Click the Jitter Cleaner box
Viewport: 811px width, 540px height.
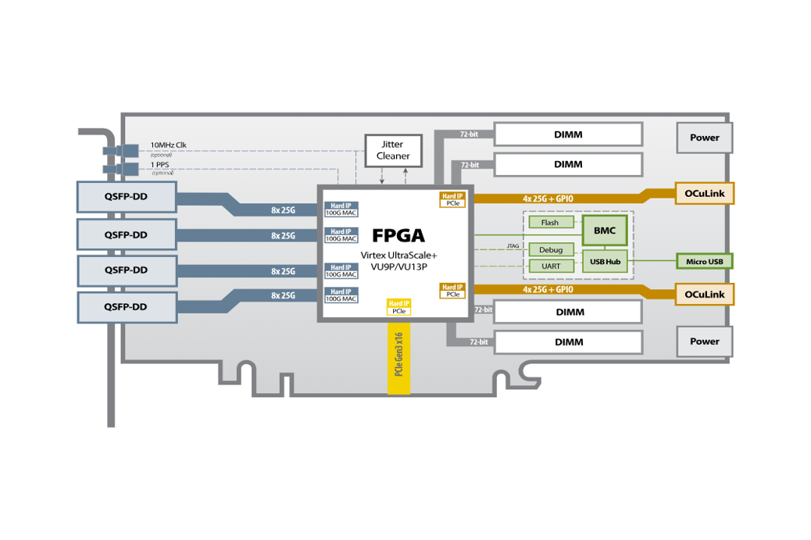click(393, 150)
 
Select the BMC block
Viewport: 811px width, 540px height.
click(605, 231)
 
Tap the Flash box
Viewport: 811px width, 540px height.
click(550, 223)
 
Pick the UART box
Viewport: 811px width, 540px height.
click(550, 266)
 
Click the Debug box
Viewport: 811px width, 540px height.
click(550, 250)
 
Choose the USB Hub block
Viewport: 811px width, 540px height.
click(605, 261)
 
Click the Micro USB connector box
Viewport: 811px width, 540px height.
click(704, 261)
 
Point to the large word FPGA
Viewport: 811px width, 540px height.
click(398, 235)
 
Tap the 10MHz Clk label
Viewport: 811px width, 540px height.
click(168, 145)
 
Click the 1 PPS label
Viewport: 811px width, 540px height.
click(159, 165)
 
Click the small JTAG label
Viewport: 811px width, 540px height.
click(513, 246)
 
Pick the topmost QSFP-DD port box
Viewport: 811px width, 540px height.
click(126, 196)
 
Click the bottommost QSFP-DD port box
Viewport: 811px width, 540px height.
click(126, 307)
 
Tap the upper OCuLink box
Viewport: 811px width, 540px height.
click(704, 192)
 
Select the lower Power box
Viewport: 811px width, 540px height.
click(704, 342)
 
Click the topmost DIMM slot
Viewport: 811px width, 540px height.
click(568, 134)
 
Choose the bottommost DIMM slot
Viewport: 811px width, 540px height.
click(568, 342)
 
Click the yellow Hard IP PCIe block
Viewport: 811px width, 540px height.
click(398, 307)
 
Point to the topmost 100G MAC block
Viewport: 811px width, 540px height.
click(341, 209)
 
